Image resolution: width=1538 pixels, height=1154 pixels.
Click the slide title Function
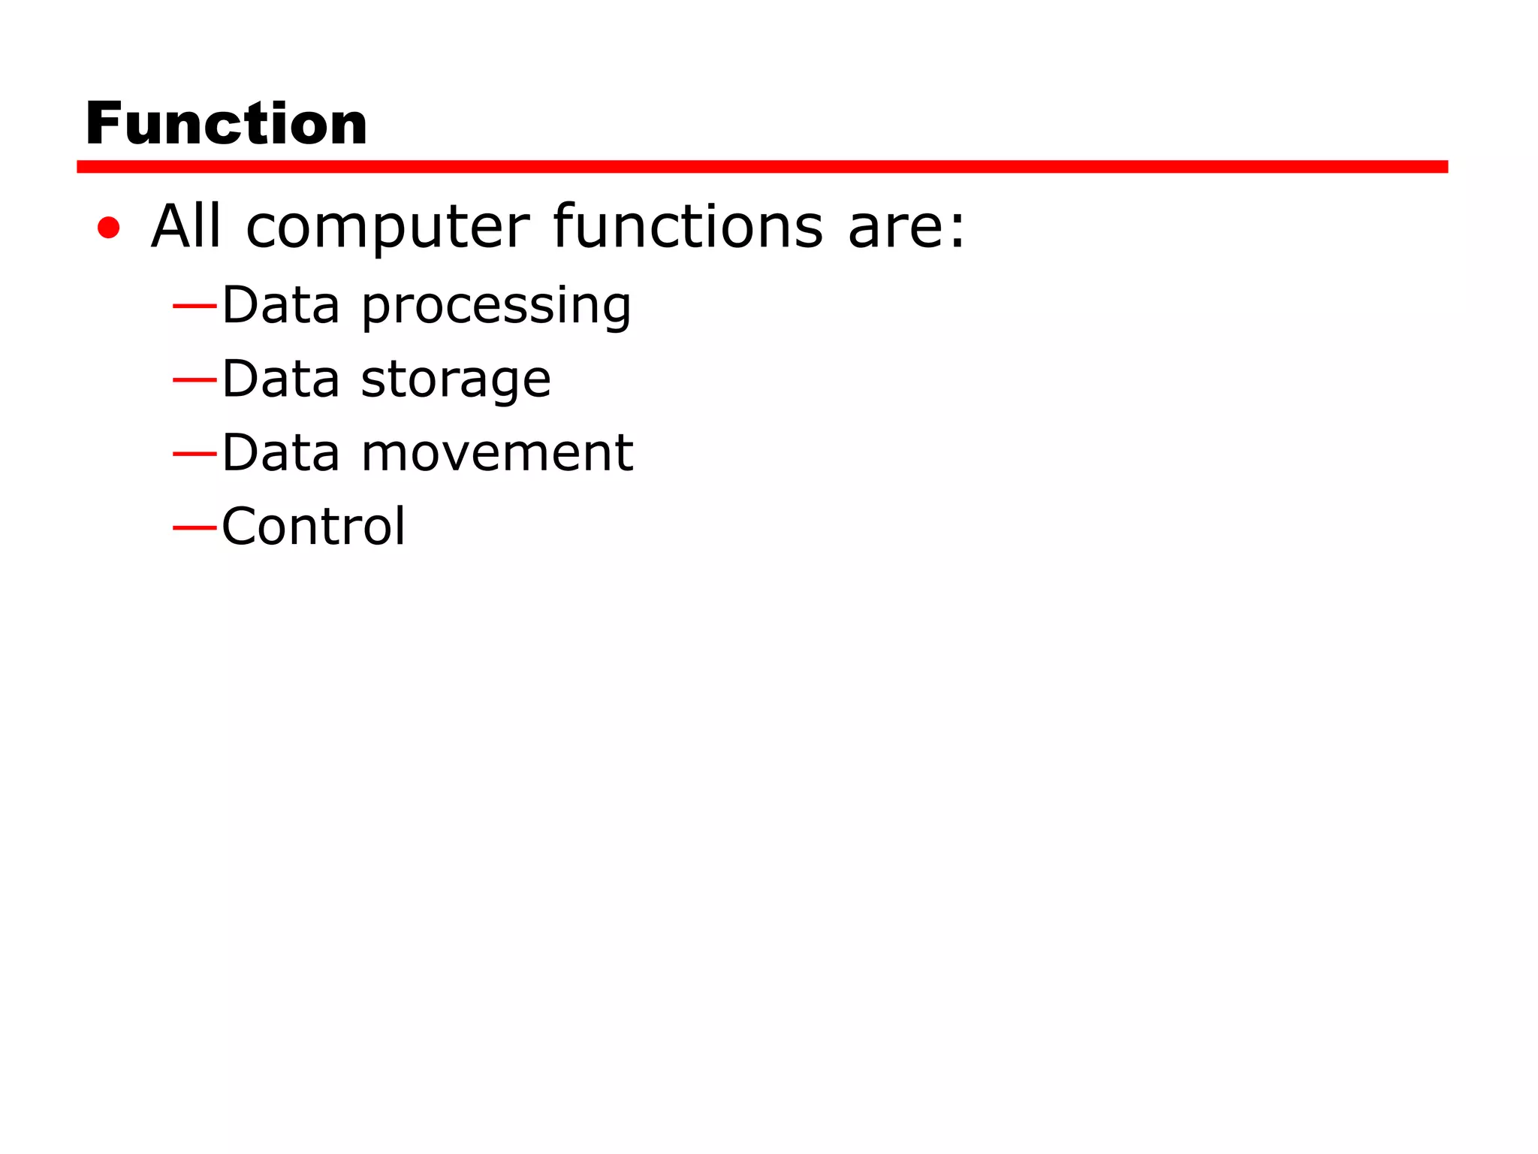[226, 123]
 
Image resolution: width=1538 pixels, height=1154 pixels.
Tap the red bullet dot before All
[109, 227]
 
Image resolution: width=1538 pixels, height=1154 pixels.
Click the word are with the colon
[906, 227]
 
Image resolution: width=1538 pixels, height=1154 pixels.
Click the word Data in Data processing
[281, 305]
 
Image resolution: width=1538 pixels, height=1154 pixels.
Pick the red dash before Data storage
[195, 380]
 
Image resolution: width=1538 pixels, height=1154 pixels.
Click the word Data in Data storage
[281, 379]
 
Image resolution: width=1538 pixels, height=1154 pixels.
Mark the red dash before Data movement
[195, 454]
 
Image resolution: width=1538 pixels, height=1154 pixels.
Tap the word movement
[497, 453]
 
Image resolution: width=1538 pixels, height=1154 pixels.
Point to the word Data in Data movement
[281, 452]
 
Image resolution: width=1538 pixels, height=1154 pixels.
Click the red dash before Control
[195, 527]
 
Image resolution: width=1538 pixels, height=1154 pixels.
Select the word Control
[314, 526]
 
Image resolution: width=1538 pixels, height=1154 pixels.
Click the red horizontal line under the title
[761, 167]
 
